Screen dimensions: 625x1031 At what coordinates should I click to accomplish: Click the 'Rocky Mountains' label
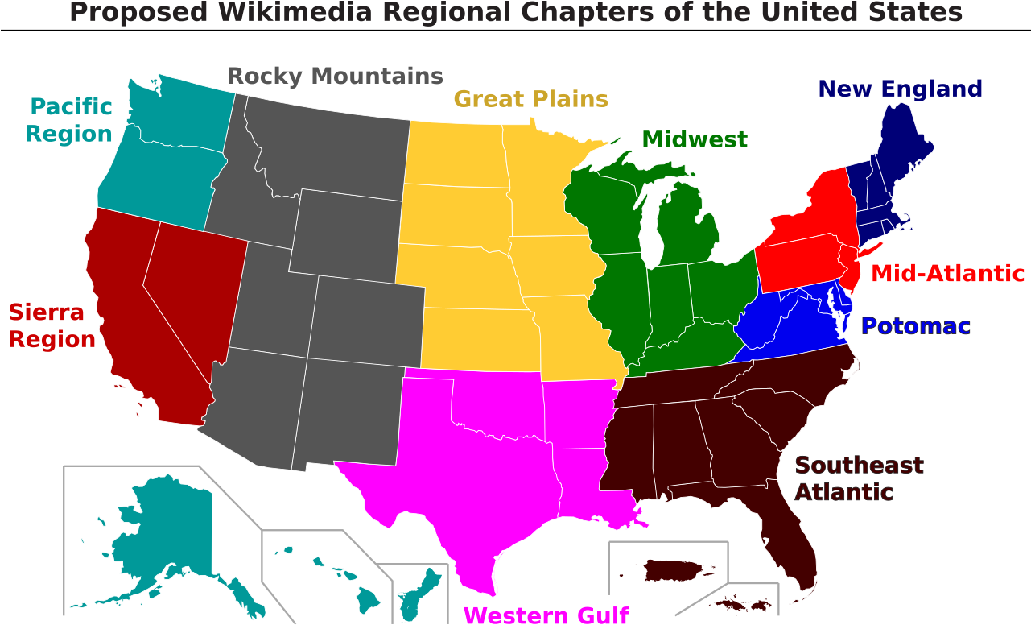[335, 77]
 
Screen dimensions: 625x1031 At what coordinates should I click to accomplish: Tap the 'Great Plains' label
[530, 99]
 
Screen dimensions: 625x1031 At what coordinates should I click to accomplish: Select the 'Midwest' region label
[695, 140]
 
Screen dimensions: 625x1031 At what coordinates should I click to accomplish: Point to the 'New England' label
[900, 89]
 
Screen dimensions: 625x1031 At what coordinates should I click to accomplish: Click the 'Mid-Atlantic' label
[948, 274]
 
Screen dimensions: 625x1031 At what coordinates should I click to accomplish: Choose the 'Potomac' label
[915, 326]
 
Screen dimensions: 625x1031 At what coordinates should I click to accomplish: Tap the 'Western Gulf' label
[546, 615]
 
